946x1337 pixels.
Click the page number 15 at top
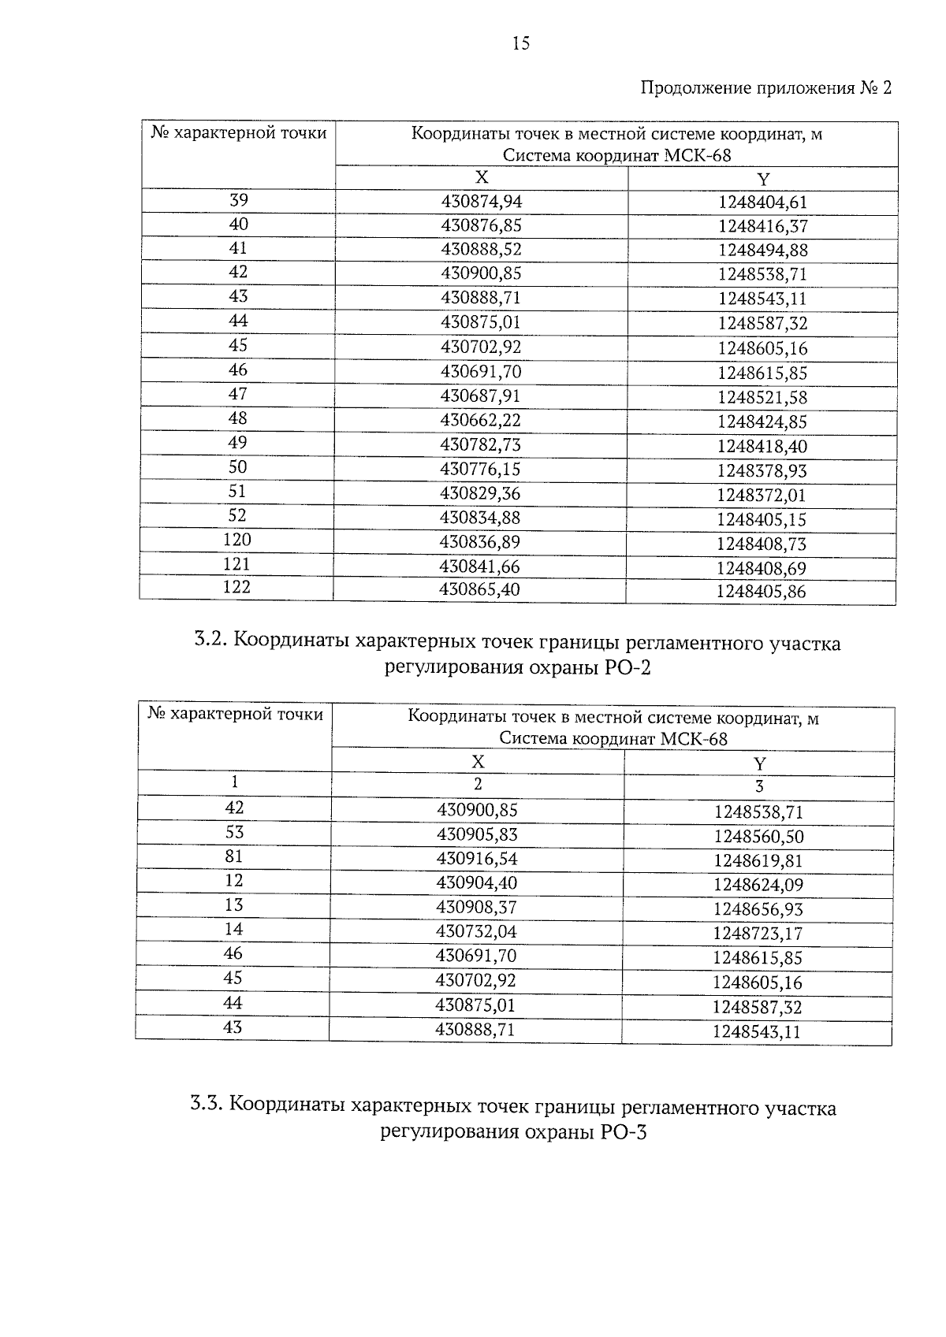click(x=521, y=43)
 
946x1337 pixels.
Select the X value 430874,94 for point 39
click(x=481, y=202)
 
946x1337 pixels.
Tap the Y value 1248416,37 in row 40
click(x=762, y=227)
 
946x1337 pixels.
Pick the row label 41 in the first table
click(x=238, y=248)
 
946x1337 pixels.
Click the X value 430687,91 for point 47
click(x=481, y=396)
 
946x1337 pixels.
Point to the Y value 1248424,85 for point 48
click(x=762, y=422)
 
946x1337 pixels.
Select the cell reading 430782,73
click(x=481, y=444)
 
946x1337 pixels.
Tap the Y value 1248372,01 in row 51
click(x=762, y=496)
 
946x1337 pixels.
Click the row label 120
click(x=237, y=540)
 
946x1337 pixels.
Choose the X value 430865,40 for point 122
click(x=480, y=589)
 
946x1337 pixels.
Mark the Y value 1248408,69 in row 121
click(x=762, y=568)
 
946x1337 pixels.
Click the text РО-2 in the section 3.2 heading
click(x=629, y=669)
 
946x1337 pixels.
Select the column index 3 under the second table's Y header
click(x=759, y=786)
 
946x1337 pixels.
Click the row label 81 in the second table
click(x=234, y=856)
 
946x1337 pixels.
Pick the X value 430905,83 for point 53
click(x=477, y=834)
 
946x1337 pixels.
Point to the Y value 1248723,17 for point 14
click(x=758, y=934)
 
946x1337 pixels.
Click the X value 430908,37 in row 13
click(x=477, y=908)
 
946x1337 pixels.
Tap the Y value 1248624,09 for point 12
click(x=758, y=885)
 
